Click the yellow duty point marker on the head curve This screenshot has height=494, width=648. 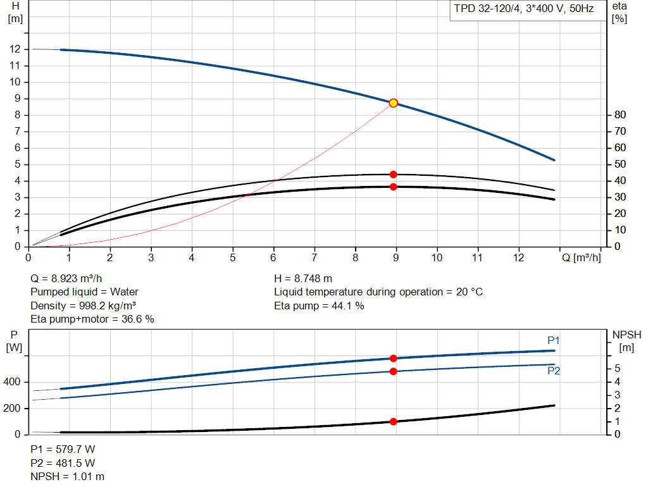(x=393, y=103)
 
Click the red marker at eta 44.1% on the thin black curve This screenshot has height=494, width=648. (x=393, y=175)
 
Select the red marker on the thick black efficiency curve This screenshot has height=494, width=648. (x=393, y=187)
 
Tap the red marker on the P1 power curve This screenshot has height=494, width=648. (x=393, y=359)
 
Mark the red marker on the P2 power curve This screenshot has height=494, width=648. (x=393, y=371)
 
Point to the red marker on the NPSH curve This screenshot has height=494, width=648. (x=393, y=421)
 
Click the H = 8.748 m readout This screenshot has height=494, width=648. (x=303, y=278)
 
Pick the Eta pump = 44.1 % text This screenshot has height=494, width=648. (x=319, y=306)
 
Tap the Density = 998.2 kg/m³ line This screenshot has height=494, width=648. (x=80, y=306)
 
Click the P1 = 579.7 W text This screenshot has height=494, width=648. (x=63, y=449)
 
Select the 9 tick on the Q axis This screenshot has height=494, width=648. (x=396, y=258)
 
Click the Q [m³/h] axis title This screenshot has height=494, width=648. (x=580, y=258)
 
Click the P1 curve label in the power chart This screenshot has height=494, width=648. (x=554, y=341)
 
